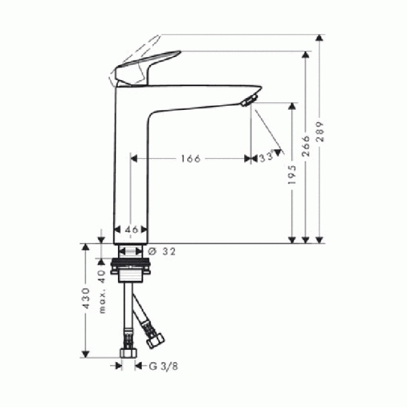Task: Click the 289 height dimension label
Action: (x=320, y=132)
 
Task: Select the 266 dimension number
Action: (x=307, y=146)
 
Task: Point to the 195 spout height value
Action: (x=292, y=174)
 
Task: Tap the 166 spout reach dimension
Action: (x=191, y=159)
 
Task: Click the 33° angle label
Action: (x=267, y=156)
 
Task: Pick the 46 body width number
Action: (x=132, y=230)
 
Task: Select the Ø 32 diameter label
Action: (x=161, y=251)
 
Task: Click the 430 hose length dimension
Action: (x=85, y=298)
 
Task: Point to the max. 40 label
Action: (x=102, y=292)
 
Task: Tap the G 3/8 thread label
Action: (x=163, y=366)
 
